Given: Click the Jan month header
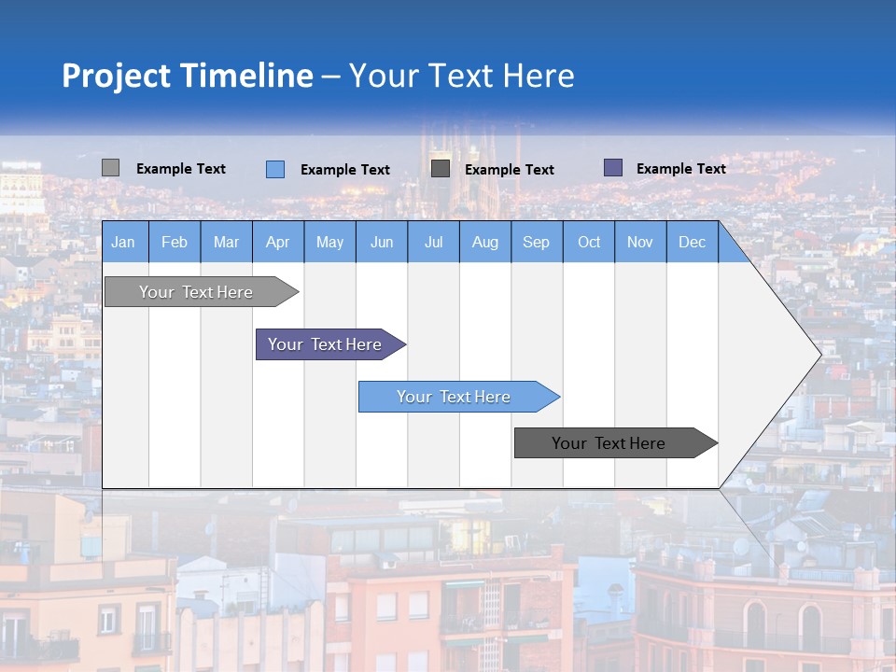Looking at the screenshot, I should click(124, 242).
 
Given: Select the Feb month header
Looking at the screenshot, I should click(175, 242).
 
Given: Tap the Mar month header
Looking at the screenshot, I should click(226, 242).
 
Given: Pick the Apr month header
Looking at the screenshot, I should click(278, 242).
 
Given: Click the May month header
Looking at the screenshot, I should click(329, 242).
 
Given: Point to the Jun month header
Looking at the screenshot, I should click(382, 242).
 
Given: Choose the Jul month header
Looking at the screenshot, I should click(433, 242).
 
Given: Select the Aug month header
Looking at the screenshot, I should click(485, 242).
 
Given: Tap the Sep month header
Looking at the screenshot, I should click(537, 242).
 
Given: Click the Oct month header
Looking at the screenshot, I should click(589, 242).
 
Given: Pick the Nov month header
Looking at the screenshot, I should click(640, 242).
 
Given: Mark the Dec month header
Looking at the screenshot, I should click(693, 242).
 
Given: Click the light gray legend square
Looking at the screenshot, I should click(110, 168).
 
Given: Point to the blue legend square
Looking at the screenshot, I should click(275, 169).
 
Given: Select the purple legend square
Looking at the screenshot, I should click(613, 168).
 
